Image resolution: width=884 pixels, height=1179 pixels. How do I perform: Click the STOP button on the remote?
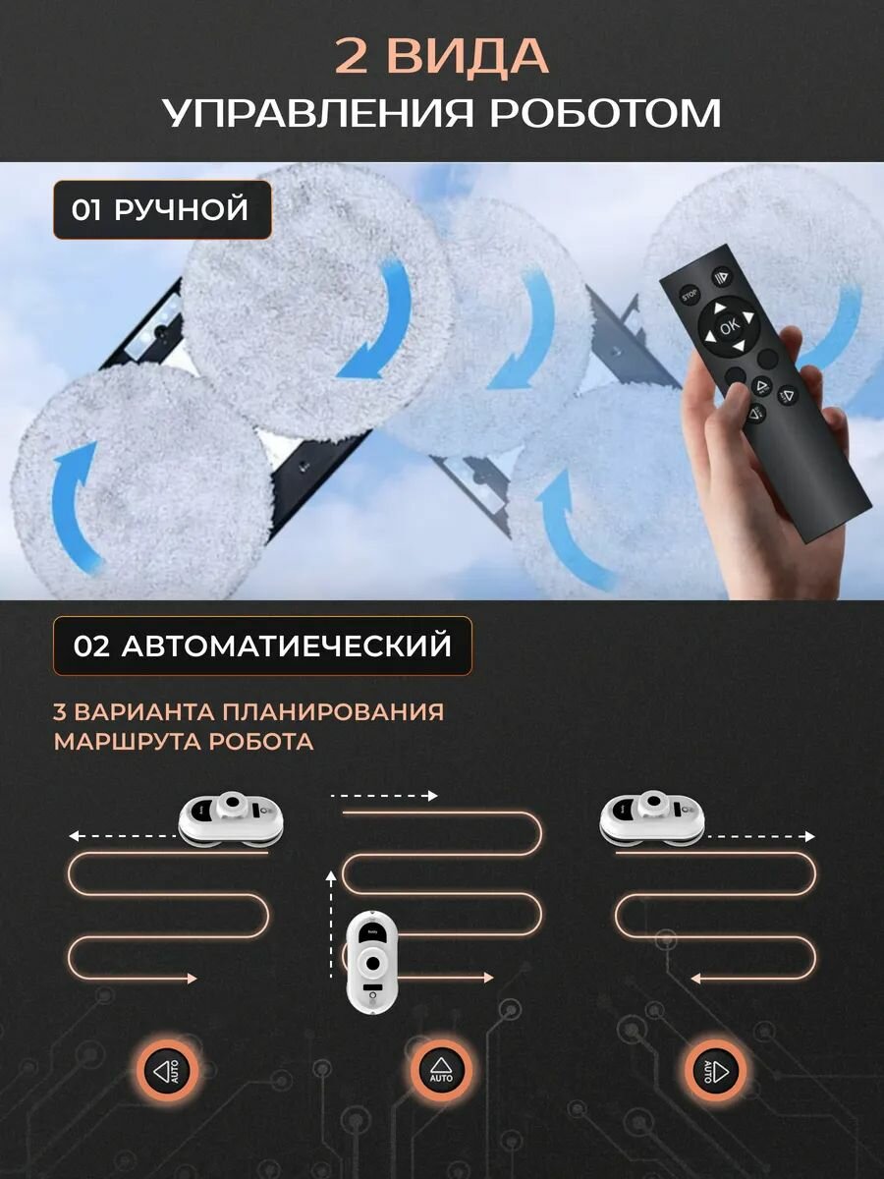click(690, 295)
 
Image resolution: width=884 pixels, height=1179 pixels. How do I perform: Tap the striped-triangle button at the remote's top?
click(721, 277)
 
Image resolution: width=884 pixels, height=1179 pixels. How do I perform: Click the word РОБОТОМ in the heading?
click(605, 113)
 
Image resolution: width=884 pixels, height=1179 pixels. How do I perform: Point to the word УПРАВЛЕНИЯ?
click(317, 113)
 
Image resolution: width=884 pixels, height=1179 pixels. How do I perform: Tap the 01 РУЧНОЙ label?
click(162, 209)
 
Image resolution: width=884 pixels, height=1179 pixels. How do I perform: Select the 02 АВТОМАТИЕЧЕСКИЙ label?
click(262, 646)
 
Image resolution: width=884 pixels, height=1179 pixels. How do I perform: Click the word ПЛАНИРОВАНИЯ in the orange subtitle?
click(333, 712)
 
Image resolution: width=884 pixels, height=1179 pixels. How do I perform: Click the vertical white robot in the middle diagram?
click(373, 961)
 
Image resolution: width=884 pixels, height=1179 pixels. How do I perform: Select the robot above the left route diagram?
click(230, 818)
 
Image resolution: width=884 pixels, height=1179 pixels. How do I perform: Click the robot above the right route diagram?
click(651, 818)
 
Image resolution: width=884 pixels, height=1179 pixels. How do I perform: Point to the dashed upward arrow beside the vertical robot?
click(331, 925)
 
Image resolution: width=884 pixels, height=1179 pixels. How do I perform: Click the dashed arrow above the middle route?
click(385, 796)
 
